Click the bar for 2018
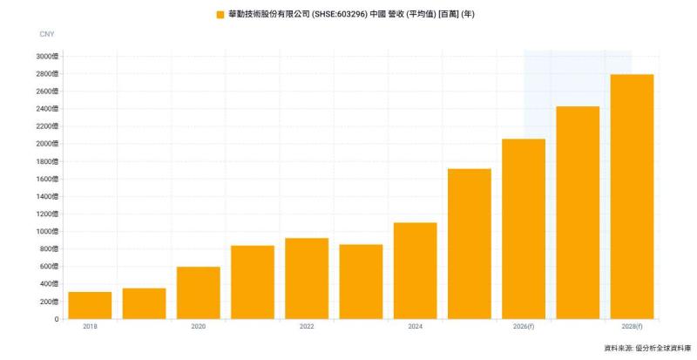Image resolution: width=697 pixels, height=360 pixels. pyautogui.click(x=90, y=305)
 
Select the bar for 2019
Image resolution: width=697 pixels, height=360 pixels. pyautogui.click(x=144, y=303)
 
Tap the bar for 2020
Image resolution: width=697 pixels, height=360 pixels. pyautogui.click(x=198, y=293)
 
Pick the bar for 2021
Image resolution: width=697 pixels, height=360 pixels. pyautogui.click(x=253, y=282)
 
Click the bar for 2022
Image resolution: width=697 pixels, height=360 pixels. pyautogui.click(x=307, y=278)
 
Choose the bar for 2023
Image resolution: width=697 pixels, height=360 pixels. pyautogui.click(x=361, y=282)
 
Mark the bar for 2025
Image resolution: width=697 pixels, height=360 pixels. pyautogui.click(x=469, y=244)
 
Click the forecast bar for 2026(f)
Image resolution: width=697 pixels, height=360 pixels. pyautogui.click(x=524, y=228)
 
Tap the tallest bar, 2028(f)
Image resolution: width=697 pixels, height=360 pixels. pyautogui.click(x=632, y=196)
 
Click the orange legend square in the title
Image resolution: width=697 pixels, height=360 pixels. pyautogui.click(x=220, y=15)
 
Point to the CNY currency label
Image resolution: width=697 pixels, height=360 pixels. pyautogui.click(x=47, y=34)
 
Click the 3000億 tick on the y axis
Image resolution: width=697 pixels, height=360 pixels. pyautogui.click(x=48, y=57)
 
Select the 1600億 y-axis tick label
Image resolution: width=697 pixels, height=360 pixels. pyautogui.click(x=48, y=179)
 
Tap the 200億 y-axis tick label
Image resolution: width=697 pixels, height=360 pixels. pyautogui.click(x=50, y=302)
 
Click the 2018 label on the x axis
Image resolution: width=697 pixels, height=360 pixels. pyautogui.click(x=90, y=326)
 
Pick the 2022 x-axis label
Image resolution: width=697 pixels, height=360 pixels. pyautogui.click(x=307, y=326)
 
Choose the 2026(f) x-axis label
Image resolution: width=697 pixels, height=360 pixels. pyautogui.click(x=524, y=326)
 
